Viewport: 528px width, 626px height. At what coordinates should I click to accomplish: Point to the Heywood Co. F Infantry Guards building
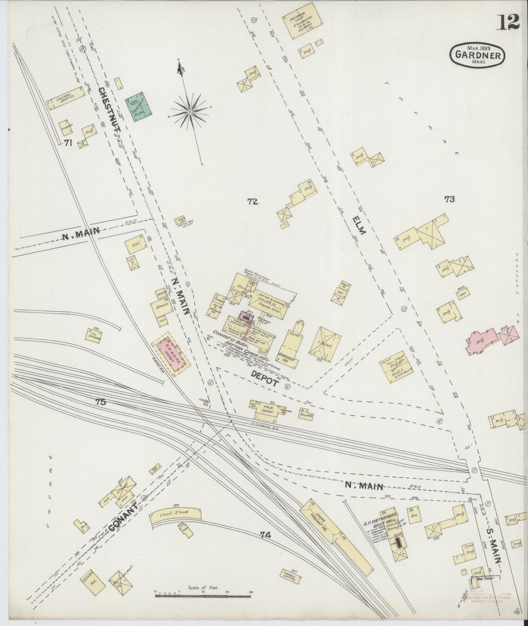click(x=302, y=20)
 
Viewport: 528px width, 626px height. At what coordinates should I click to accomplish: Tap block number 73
click(x=449, y=199)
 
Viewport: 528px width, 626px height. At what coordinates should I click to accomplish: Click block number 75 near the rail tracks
click(x=100, y=402)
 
